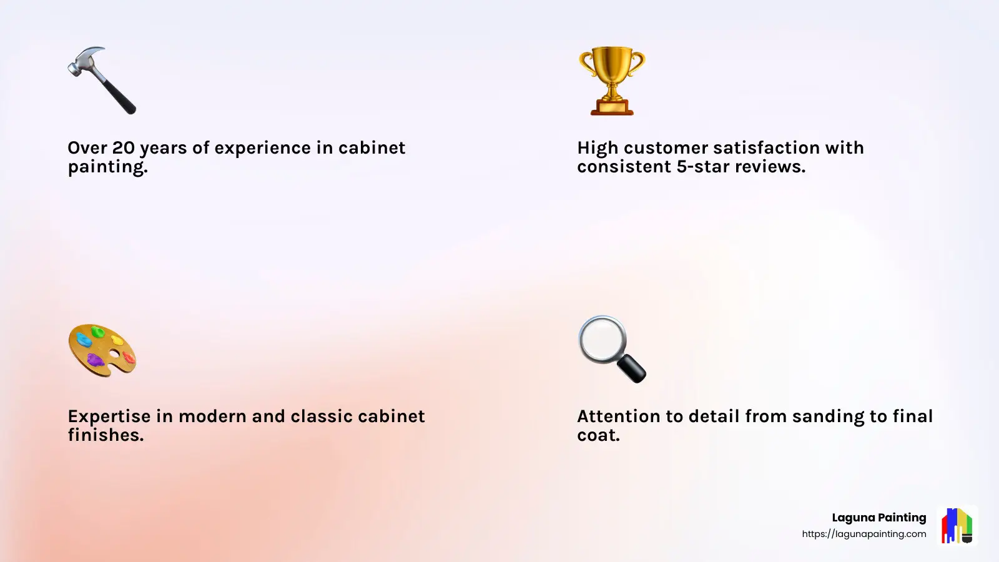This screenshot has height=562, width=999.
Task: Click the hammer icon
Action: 102,80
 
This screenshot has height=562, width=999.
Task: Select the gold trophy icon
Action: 612,80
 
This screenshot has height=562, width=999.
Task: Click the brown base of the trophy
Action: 612,109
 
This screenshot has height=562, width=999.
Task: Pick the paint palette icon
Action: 102,350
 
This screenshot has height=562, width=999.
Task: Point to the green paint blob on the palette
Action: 97,332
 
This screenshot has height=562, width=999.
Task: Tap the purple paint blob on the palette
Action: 95,360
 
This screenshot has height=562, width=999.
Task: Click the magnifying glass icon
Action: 612,348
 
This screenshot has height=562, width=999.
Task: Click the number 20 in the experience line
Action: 123,148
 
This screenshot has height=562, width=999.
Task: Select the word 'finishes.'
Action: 106,435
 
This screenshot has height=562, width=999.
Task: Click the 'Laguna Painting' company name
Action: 878,518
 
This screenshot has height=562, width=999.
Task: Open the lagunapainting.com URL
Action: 864,534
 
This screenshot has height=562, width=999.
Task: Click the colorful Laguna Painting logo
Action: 957,525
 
